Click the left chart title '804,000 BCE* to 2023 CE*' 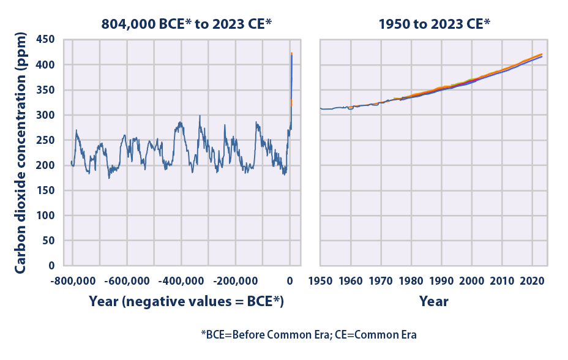point(187,24)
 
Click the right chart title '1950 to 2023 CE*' point(434,24)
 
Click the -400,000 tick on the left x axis point(181,281)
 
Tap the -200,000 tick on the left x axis point(236,281)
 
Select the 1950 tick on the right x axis point(320,281)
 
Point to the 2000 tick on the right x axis point(471,281)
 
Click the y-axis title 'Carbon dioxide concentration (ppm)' point(20,152)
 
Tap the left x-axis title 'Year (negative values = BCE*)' point(187,301)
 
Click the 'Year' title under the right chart point(434,301)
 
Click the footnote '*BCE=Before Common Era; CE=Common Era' point(309,335)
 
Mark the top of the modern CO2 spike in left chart point(291,53)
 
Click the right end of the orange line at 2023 point(541,54)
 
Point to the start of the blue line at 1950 point(321,108)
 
